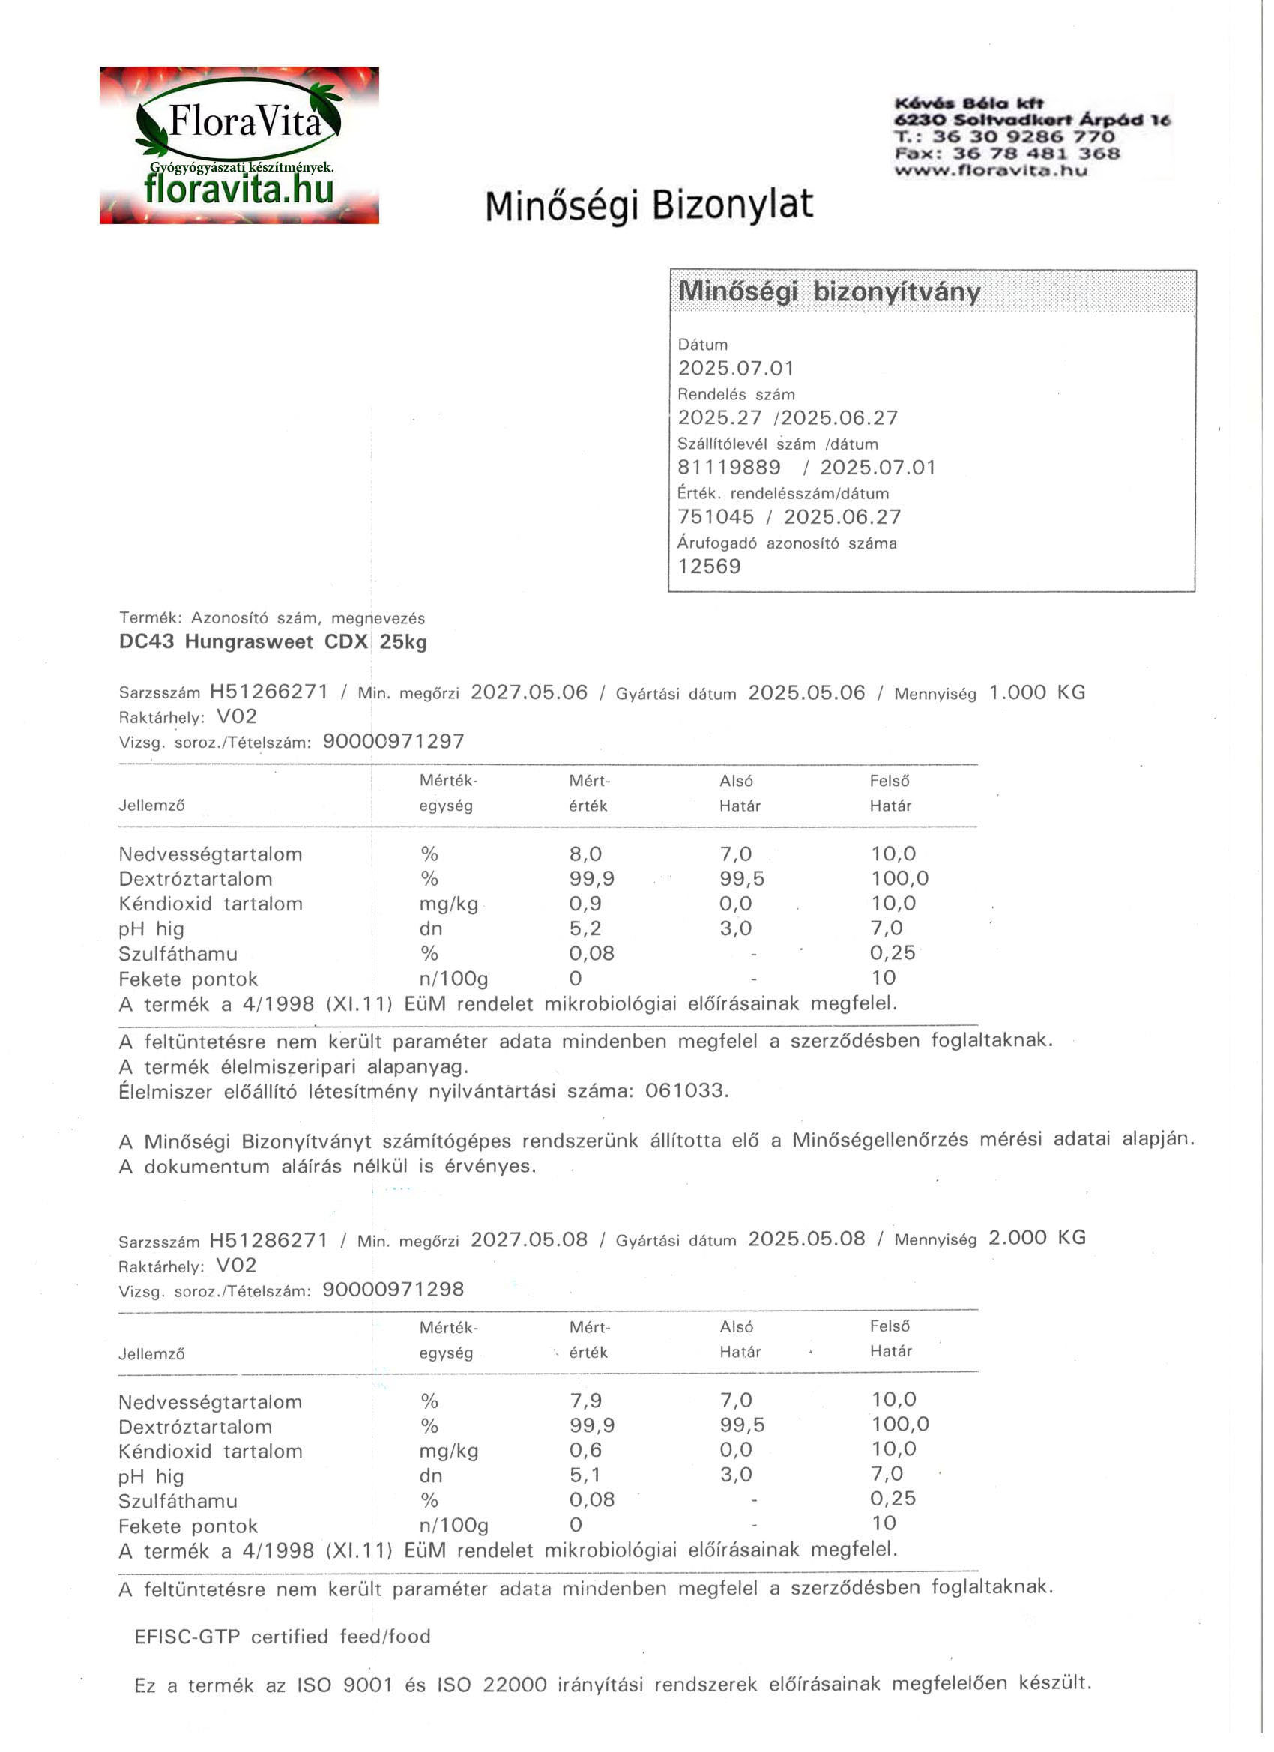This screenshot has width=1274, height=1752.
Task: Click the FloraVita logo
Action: [x=239, y=145]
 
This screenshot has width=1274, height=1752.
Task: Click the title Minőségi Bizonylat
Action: [x=649, y=205]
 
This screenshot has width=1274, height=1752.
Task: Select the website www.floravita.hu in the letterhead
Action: [x=991, y=171]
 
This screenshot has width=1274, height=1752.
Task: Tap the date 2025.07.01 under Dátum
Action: [x=735, y=369]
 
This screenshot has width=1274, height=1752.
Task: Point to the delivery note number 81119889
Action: [x=728, y=468]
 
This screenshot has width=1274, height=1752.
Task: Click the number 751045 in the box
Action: [x=716, y=517]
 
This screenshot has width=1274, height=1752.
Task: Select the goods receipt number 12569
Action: [x=709, y=567]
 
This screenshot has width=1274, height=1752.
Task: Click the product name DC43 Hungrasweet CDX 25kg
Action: [x=273, y=642]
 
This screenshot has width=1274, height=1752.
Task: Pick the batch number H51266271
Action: [x=269, y=692]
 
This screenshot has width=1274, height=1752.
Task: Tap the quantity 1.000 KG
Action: [x=1037, y=692]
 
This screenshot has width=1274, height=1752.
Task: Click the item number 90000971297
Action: [x=393, y=742]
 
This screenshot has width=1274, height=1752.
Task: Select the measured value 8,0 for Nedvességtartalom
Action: [x=585, y=854]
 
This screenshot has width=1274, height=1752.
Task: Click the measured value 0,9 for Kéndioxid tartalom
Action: [x=585, y=903]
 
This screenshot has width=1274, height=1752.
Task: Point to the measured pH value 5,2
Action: [x=585, y=928]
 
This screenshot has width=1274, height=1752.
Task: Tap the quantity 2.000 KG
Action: [x=1037, y=1238]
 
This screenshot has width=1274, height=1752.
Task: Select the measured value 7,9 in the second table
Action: [x=585, y=1401]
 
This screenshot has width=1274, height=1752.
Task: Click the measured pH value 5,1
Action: [x=585, y=1475]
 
